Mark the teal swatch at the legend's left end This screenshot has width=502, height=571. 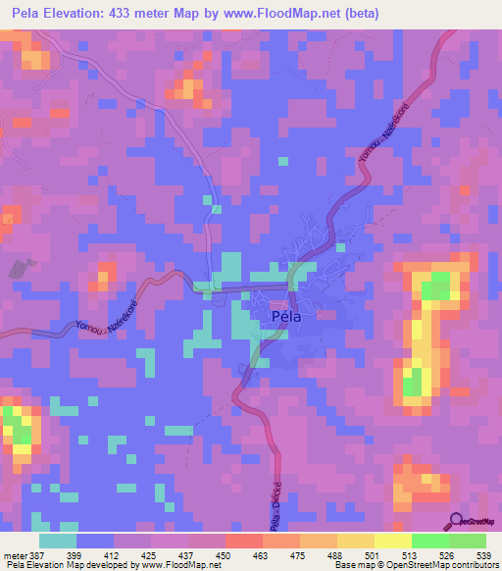pyautogui.click(x=58, y=541)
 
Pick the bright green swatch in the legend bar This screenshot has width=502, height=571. pyautogui.click(x=430, y=541)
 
